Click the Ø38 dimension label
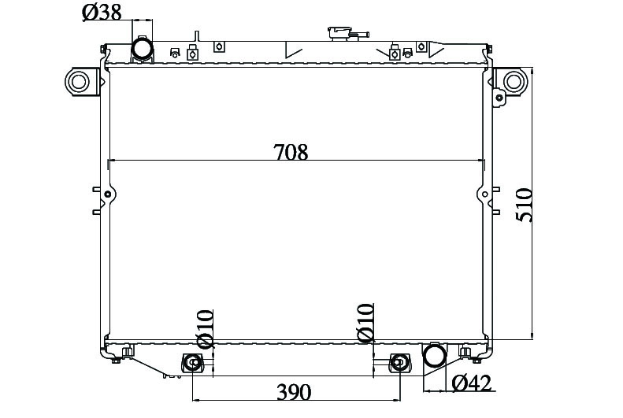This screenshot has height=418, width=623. pyautogui.click(x=102, y=13)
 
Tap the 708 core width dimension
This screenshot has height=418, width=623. pyautogui.click(x=291, y=152)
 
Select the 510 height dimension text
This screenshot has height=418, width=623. pyautogui.click(x=524, y=205)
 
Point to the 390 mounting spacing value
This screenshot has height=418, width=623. pyautogui.click(x=294, y=392)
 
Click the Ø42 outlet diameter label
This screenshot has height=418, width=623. pyautogui.click(x=472, y=383)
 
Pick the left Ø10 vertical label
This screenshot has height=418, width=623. pyautogui.click(x=205, y=329)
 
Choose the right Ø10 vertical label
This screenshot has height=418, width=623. pyautogui.click(x=365, y=323)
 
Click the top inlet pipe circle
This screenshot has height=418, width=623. pyautogui.click(x=142, y=50)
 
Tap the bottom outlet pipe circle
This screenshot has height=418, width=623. pyautogui.click(x=435, y=355)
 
